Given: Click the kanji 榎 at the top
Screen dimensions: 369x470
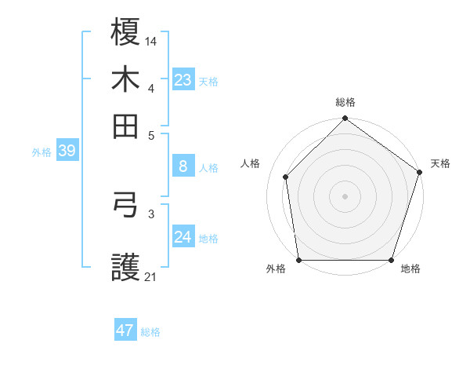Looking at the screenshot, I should point(126,32).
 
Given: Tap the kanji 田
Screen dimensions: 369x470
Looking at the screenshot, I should point(126,126).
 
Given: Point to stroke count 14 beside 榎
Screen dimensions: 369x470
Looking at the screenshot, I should point(151,40).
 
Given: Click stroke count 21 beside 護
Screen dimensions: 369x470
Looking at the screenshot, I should point(151,276).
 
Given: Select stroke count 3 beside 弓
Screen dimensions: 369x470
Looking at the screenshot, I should point(151,213).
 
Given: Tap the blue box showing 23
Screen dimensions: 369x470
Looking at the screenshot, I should point(183,80).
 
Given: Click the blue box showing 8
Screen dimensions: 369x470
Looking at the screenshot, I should point(183,166).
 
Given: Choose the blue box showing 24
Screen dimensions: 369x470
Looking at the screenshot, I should point(183,237).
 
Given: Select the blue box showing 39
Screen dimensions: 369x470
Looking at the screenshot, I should point(67,152).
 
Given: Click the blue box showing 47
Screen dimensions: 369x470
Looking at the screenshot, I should point(125,331).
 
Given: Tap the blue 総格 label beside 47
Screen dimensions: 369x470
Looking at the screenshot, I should point(150,332).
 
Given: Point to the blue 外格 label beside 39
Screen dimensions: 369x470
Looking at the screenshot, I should point(42,152).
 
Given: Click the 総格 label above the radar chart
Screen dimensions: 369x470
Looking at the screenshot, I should point(345,102).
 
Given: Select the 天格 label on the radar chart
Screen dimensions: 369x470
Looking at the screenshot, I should point(440,163).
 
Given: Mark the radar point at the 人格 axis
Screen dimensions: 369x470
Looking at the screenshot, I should point(286,177).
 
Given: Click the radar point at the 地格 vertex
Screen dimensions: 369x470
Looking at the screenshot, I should point(392,260).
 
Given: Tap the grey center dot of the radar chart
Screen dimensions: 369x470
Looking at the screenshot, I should point(345,195).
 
